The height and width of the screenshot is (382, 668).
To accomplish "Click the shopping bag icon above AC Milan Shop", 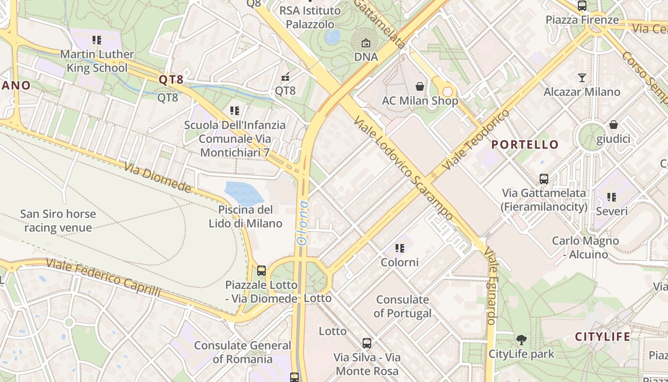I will [x=420, y=86].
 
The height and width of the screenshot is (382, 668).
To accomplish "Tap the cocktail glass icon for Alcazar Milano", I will [x=582, y=77].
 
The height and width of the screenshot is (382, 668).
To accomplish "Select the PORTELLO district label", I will [x=525, y=145].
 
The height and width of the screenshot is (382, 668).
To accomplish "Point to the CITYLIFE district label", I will [x=603, y=337].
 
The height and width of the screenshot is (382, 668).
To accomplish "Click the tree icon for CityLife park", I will [x=522, y=340].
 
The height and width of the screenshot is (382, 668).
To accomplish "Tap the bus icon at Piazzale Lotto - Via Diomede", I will [x=261, y=271].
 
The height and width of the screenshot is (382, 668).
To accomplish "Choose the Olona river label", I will [x=303, y=223].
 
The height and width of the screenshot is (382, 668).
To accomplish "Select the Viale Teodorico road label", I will [x=476, y=140].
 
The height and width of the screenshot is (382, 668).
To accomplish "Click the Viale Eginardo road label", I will [x=492, y=286].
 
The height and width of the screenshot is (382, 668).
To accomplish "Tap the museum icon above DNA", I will [x=366, y=43].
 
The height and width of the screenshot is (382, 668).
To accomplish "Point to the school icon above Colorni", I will [x=400, y=248].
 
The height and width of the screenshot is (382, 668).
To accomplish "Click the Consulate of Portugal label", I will [x=402, y=307].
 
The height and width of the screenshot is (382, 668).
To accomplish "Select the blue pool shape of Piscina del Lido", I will [x=244, y=193].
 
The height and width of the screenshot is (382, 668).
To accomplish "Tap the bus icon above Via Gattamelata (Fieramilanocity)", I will [x=543, y=179].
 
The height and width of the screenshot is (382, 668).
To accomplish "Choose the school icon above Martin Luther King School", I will [x=97, y=40].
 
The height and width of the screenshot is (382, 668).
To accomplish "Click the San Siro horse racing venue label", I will [x=58, y=221].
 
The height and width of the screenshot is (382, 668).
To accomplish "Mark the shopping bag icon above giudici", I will [x=613, y=125].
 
